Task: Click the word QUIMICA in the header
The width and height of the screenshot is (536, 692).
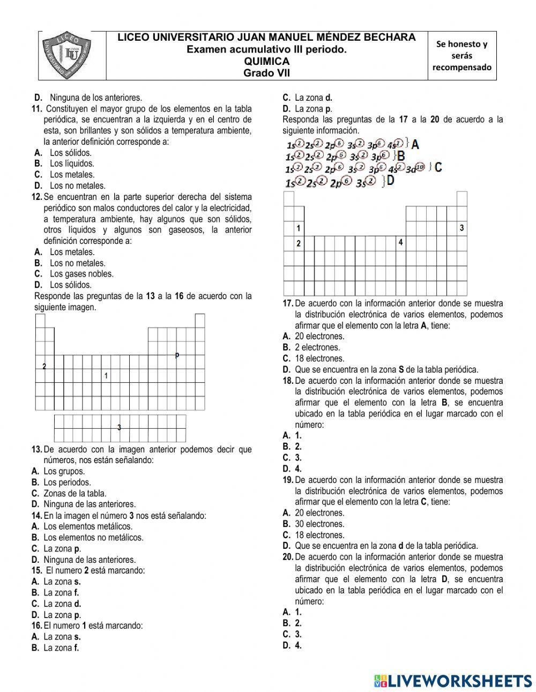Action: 266,61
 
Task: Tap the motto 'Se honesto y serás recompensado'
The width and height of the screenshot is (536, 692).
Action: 461,56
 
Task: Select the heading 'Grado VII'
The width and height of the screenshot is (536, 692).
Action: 266,73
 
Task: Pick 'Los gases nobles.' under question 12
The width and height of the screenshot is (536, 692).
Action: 81,274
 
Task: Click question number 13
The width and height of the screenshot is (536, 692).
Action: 37,449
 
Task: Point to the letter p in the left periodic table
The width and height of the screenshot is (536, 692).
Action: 177,354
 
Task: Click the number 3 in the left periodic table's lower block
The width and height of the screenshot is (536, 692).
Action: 119,427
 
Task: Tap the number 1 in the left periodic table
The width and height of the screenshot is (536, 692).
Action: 106,376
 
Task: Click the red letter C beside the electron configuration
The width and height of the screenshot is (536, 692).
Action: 438,167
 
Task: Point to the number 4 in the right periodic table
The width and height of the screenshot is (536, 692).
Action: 400,242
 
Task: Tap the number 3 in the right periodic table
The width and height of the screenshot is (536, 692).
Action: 461,228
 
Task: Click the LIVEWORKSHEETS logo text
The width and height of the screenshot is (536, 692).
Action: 459,680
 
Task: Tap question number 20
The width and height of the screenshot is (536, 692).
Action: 288,557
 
